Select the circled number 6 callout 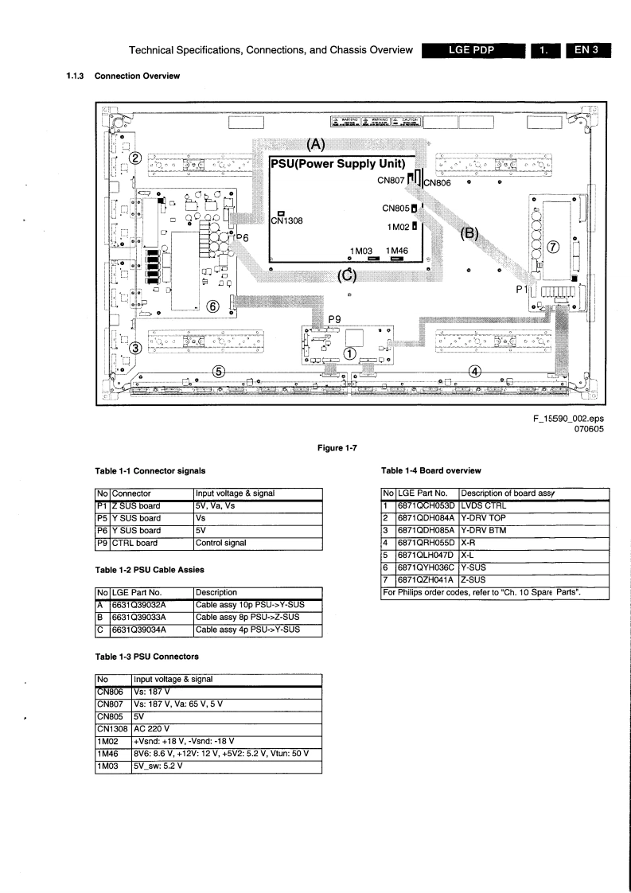coord(213,306)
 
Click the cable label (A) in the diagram coord(316,144)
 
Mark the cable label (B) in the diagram coord(469,235)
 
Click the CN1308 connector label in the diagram coord(286,220)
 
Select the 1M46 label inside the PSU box coord(397,250)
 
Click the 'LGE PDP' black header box coord(473,52)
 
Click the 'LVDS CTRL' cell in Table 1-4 coord(484,505)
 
